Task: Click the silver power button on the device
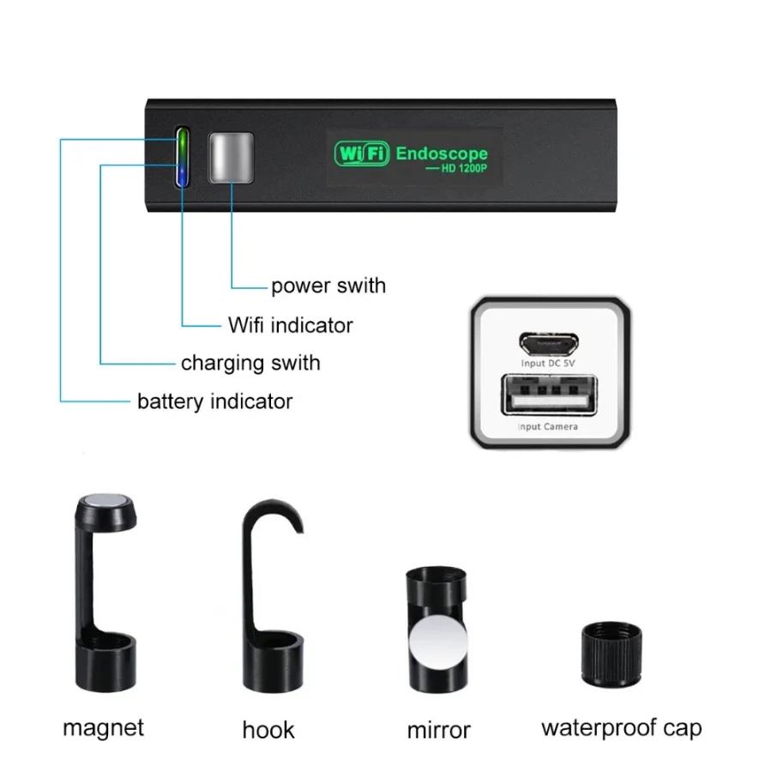click(x=232, y=157)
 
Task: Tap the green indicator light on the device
click(x=182, y=142)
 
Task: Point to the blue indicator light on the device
click(x=182, y=174)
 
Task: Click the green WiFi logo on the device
click(x=362, y=154)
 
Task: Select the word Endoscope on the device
click(x=442, y=154)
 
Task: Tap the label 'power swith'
click(x=328, y=286)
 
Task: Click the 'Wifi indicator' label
click(x=290, y=325)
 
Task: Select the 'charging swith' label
click(x=250, y=363)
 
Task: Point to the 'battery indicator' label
click(x=214, y=401)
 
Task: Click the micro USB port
click(x=548, y=344)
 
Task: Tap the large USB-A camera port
click(x=548, y=398)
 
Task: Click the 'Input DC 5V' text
click(x=548, y=364)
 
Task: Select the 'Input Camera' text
click(x=548, y=426)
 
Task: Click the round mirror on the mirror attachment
click(x=437, y=642)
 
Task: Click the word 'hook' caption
click(x=268, y=730)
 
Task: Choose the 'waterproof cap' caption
click(x=621, y=728)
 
